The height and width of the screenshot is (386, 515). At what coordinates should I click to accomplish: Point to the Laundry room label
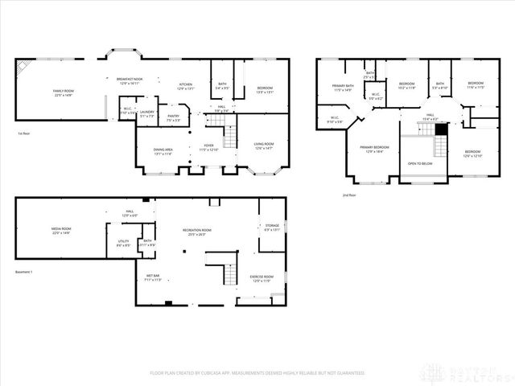146,114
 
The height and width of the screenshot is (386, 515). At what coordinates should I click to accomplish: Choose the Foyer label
208,148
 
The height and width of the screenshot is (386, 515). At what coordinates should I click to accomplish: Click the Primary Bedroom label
375,149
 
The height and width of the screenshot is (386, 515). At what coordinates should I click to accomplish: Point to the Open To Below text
422,163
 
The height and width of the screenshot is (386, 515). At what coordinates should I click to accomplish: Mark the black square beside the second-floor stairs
440,129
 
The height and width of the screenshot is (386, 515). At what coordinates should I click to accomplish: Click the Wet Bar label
153,277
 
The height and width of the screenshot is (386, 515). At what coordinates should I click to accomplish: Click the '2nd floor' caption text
348,195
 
